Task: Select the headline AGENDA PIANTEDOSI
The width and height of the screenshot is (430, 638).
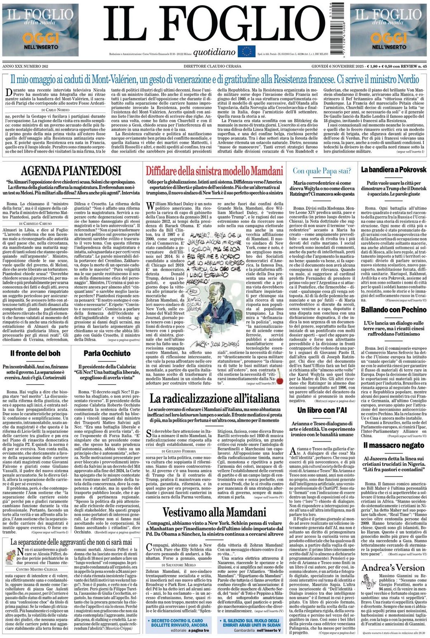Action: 71,171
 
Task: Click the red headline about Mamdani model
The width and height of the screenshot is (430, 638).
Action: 214,171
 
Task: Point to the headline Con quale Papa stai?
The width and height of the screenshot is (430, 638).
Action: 322,171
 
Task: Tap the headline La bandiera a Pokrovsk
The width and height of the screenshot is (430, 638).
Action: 393,170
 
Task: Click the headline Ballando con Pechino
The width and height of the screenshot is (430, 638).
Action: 393,309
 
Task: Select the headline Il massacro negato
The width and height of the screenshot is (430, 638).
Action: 393,445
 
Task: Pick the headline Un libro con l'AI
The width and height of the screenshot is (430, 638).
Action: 322,410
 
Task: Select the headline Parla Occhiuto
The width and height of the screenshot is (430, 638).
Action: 107,353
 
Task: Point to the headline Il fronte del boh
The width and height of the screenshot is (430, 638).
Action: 35,353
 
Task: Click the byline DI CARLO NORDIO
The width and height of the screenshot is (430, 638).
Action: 56,110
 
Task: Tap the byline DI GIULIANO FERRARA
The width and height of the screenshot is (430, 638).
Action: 180,451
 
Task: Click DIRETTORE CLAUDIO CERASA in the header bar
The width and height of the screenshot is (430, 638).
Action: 214,66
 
